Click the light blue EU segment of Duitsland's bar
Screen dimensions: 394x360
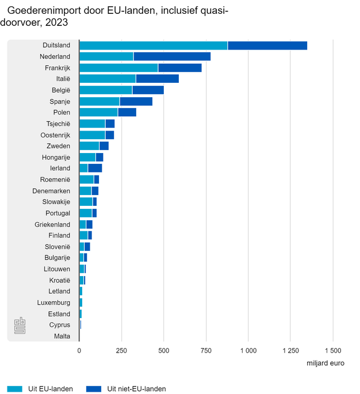(153, 45)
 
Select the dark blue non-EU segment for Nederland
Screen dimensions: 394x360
(172, 56)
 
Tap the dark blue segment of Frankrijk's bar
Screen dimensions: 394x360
(179, 68)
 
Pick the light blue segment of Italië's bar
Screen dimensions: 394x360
(108, 79)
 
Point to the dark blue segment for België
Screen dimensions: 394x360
(148, 90)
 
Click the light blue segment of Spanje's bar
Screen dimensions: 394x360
(99, 101)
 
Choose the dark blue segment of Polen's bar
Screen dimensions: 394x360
(127, 112)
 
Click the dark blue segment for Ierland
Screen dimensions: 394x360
(95, 168)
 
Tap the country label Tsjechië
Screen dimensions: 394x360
(58, 124)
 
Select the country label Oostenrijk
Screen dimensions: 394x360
(55, 135)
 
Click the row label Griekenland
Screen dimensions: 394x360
(52, 224)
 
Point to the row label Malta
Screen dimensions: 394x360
(62, 336)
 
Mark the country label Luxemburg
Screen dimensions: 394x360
(53, 303)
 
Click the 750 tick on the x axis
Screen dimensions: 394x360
(206, 350)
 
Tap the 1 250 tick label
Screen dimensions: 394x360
(290, 350)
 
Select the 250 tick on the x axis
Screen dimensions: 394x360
(121, 350)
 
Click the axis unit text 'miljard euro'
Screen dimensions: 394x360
(326, 362)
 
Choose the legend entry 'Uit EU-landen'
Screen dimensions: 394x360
(50, 389)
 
